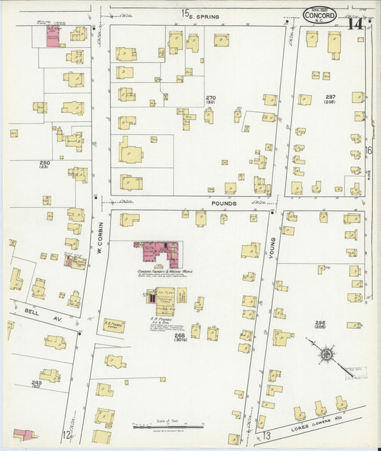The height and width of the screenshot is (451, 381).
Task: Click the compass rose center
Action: tap(326, 353)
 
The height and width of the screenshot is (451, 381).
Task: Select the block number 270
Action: tap(211, 98)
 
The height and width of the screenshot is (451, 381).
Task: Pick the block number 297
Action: tap(330, 98)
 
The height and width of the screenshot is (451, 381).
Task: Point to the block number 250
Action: tap(44, 163)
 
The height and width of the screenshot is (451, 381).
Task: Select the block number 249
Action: tap(35, 383)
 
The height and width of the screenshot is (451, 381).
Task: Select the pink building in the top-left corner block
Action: tap(53, 35)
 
